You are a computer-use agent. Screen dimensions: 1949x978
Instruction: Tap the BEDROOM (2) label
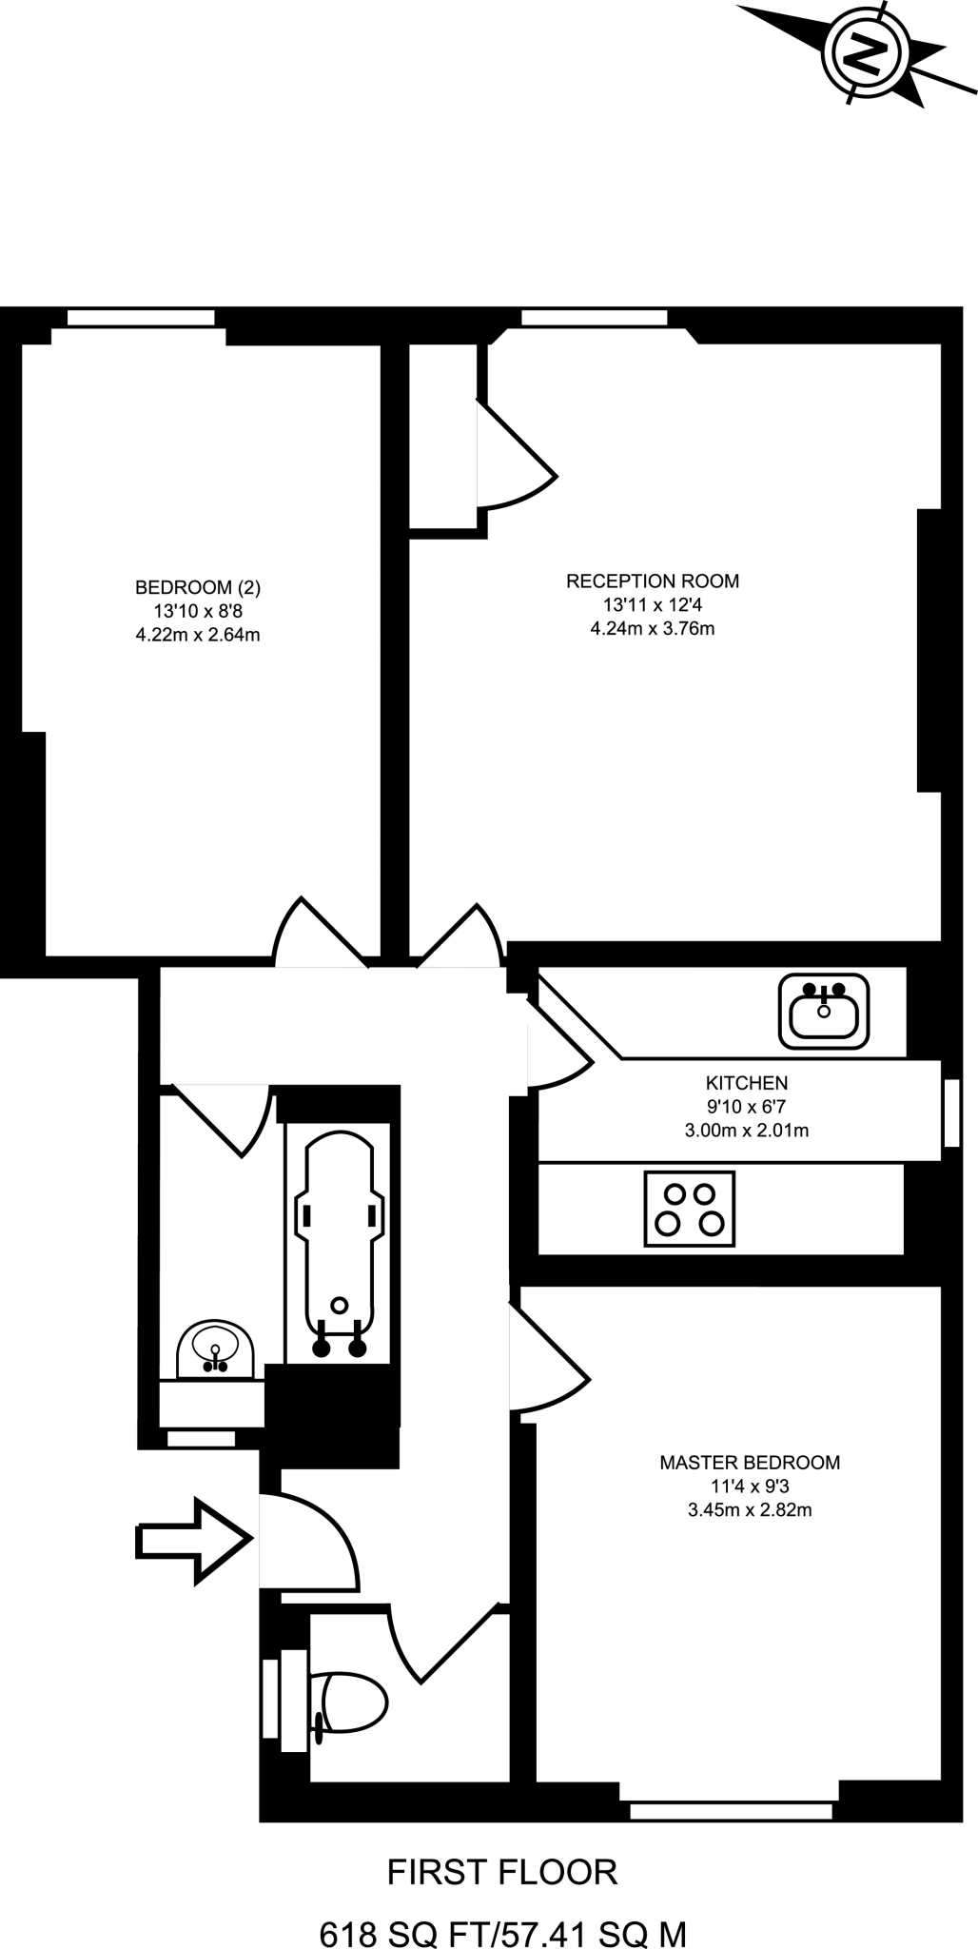[198, 587]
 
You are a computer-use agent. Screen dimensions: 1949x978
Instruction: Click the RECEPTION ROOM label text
[653, 581]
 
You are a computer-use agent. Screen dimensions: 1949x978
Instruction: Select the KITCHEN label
[747, 1082]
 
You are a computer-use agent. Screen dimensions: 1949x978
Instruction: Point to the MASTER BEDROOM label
[750, 1462]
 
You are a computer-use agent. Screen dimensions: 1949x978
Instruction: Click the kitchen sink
[824, 1011]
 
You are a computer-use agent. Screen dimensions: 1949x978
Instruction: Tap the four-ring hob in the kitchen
[690, 1208]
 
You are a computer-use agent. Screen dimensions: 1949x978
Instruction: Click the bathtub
[339, 1242]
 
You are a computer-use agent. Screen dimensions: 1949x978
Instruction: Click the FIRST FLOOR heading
[502, 1872]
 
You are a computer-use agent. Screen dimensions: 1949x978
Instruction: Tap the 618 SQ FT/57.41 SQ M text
[502, 1933]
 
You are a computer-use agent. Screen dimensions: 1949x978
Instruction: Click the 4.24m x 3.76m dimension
[653, 628]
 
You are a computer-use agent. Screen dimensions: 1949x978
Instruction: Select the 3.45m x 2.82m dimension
[750, 1509]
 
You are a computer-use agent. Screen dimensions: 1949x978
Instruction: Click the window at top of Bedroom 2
[141, 317]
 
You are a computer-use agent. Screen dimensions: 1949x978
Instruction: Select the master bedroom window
[731, 1810]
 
